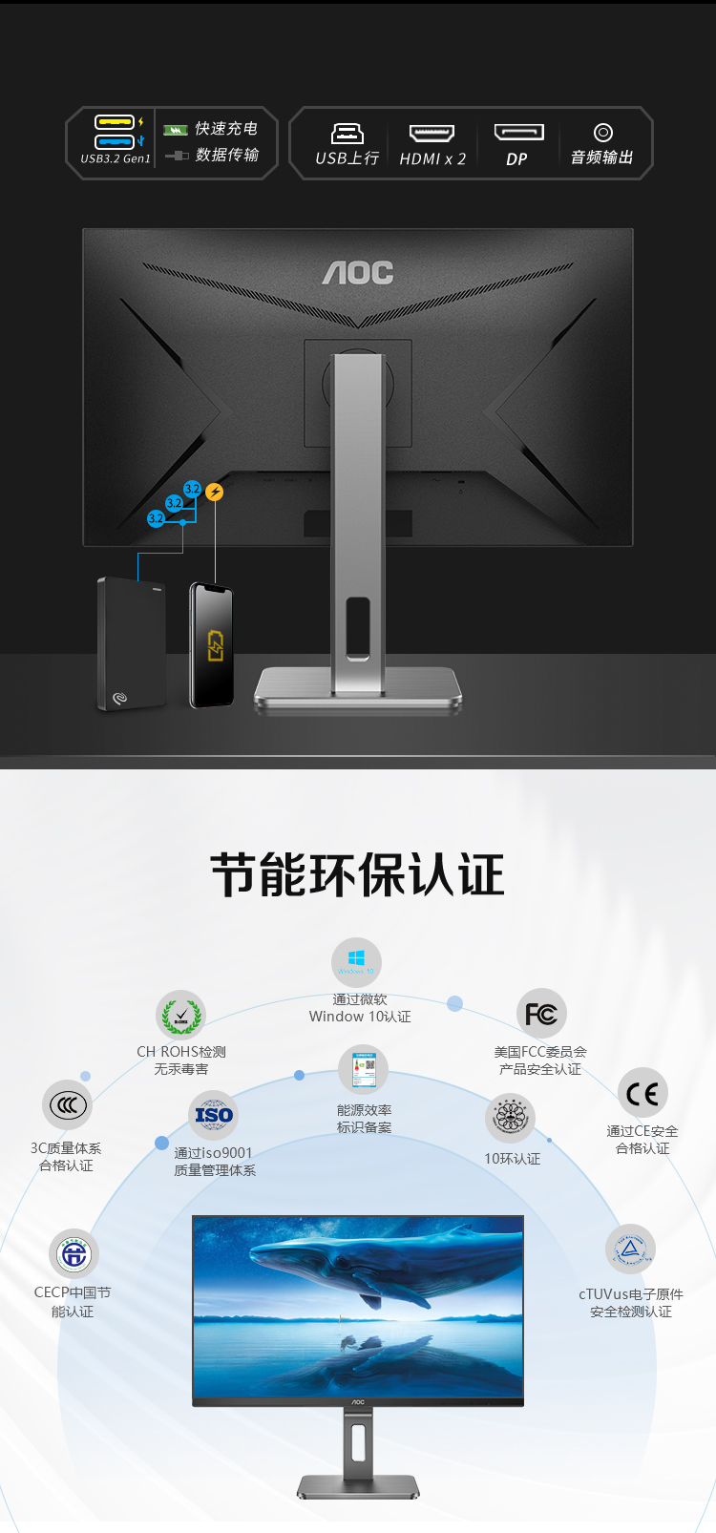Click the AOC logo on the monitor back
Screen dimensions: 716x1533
point(358,273)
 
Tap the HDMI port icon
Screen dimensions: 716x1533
point(432,133)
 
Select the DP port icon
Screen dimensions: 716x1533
point(518,133)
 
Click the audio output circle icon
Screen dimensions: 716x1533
point(602,133)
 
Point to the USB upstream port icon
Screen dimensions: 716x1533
point(347,133)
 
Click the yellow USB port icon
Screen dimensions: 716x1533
point(115,122)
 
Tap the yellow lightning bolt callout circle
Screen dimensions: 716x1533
point(215,493)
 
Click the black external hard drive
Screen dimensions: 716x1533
point(131,643)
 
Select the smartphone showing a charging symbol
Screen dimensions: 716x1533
point(212,645)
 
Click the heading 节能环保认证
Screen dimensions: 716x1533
point(357,875)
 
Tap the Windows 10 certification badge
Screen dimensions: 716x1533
point(356,962)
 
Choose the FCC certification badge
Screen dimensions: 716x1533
point(541,1014)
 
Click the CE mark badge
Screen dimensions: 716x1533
point(642,1094)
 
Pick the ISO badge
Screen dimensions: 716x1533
point(214,1115)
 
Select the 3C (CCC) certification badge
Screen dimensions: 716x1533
point(67,1105)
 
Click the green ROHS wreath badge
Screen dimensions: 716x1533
point(180,1016)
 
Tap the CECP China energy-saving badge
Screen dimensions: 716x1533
point(74,1253)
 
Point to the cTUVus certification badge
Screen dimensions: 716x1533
point(630,1249)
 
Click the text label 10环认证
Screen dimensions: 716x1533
point(512,1159)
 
